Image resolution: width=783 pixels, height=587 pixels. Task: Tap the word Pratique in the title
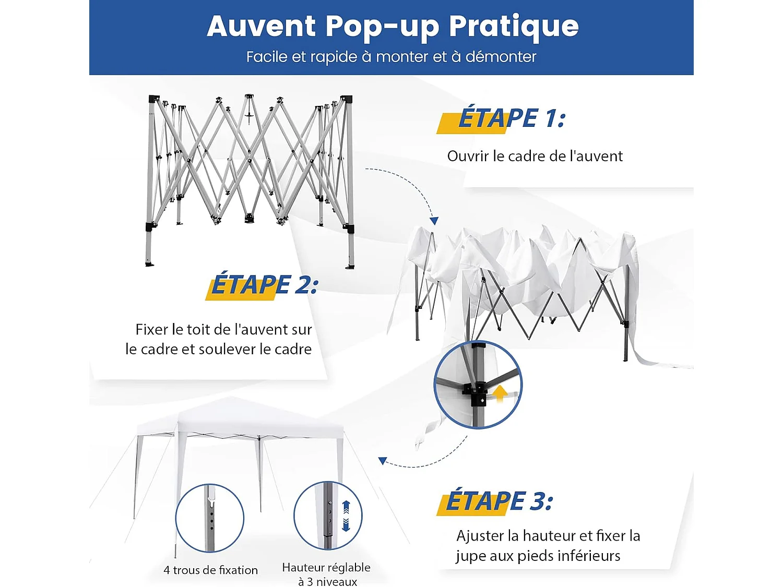coord(514,27)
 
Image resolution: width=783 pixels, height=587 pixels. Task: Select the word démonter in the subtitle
coord(501,56)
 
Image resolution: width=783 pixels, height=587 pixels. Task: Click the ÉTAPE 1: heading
coord(512,118)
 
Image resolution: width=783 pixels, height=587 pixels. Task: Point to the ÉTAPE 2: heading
coord(264,285)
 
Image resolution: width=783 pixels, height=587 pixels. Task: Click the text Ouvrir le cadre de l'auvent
coord(535,156)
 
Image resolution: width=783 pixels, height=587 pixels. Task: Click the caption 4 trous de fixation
coord(210,570)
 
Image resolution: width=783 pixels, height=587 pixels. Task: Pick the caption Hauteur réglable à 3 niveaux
coord(327,574)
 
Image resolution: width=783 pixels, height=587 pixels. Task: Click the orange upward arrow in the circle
coord(500,392)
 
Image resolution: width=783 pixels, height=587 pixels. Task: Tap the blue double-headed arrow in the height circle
coord(346,516)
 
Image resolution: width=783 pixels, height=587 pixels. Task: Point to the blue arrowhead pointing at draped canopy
coord(434,221)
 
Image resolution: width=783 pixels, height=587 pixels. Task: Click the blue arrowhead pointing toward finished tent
coord(383,461)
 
